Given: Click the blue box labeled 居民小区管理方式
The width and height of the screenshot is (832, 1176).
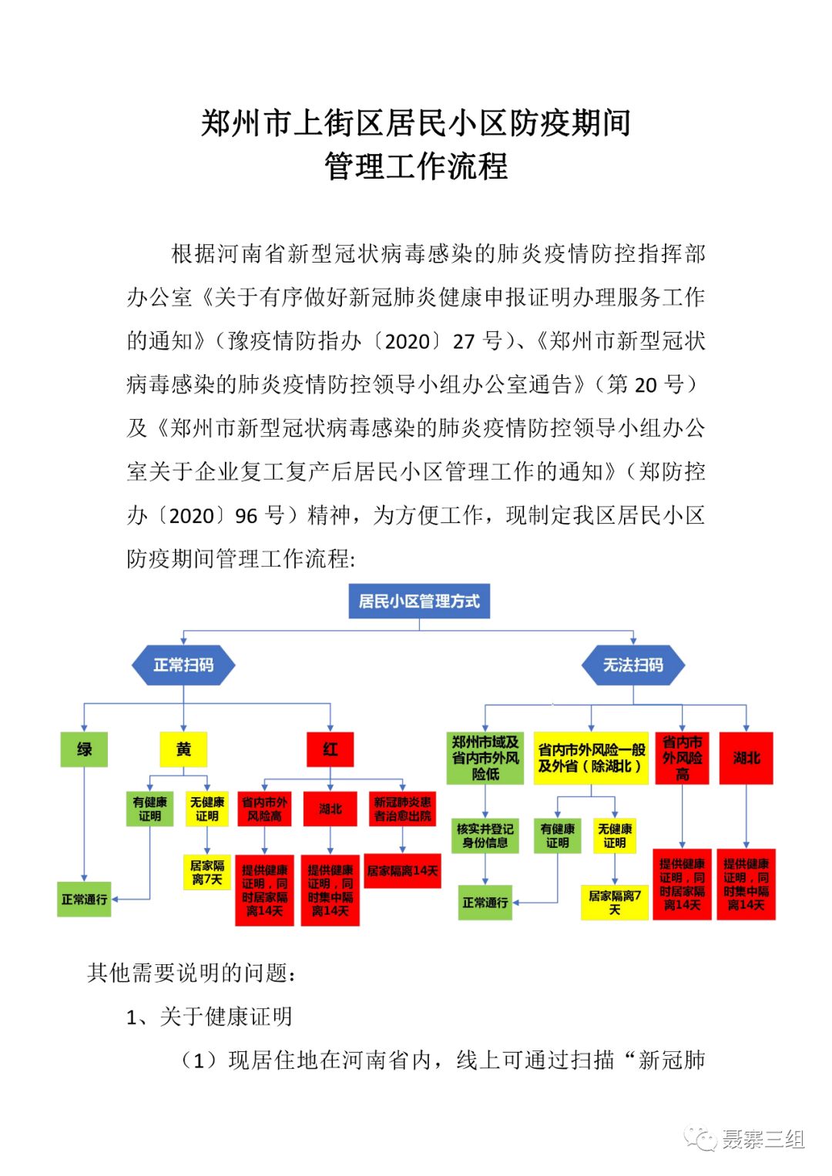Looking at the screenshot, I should [x=419, y=601].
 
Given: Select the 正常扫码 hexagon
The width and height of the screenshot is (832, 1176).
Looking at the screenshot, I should [x=183, y=665].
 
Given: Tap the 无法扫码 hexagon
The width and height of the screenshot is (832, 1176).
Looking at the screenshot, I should [x=632, y=665].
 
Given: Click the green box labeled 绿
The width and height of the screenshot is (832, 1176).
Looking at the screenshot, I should [x=84, y=749].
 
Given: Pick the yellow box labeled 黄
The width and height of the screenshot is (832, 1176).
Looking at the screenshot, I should [x=183, y=749].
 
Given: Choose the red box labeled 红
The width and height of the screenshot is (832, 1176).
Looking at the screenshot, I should [x=330, y=749].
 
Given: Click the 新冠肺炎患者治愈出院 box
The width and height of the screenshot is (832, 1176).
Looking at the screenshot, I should [x=402, y=809].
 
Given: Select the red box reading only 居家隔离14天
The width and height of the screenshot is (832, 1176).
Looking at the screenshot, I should [x=402, y=870].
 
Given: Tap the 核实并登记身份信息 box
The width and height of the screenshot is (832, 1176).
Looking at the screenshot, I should [x=485, y=836].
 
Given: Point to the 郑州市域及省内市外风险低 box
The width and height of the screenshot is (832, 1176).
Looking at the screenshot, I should [x=485, y=758].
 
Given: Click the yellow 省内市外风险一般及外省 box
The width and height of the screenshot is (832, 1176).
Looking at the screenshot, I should [x=591, y=758].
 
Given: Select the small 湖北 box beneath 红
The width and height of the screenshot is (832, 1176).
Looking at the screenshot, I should [x=330, y=809].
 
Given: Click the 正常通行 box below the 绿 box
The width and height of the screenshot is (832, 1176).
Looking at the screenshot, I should [x=84, y=899].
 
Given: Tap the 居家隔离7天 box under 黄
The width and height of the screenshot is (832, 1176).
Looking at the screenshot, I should [x=206, y=872].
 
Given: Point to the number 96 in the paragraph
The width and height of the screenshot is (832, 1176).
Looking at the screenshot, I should [x=247, y=515].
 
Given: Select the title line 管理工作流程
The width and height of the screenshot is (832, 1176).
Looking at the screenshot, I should [x=416, y=166].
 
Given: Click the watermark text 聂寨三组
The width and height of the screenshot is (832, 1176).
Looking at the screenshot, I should [x=763, y=1139].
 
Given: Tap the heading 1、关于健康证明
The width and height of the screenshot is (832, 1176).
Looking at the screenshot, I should [x=210, y=1017].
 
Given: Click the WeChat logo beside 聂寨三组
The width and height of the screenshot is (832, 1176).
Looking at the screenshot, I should [x=702, y=1139].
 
